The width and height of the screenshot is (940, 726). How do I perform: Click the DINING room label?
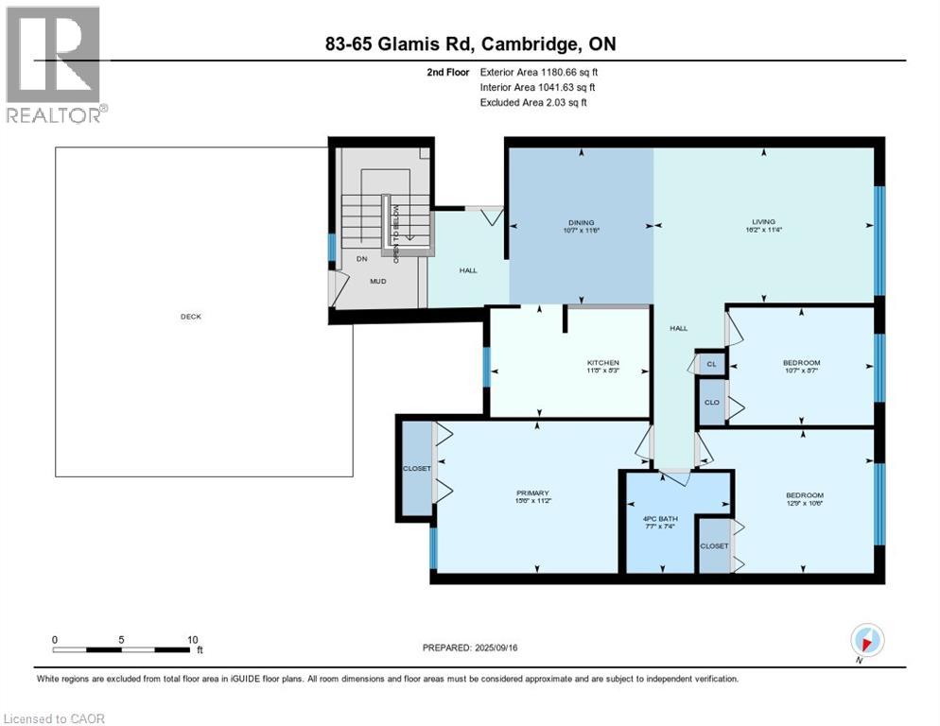(x=581, y=223)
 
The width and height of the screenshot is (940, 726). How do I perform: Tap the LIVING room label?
(x=762, y=223)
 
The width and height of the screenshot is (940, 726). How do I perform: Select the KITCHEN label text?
(x=602, y=363)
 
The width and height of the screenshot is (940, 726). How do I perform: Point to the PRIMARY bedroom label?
(x=532, y=493)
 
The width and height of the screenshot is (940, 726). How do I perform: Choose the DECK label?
(x=192, y=317)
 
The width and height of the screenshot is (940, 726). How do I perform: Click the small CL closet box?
(x=711, y=364)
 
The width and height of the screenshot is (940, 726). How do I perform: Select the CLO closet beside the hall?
(x=711, y=402)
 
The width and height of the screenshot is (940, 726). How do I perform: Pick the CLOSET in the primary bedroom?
(x=416, y=469)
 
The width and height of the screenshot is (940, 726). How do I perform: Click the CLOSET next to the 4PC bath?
(x=714, y=546)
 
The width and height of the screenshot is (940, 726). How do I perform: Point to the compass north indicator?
(x=867, y=640)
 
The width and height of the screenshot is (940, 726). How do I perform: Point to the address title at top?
(x=470, y=44)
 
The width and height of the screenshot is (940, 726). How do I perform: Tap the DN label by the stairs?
(x=361, y=259)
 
